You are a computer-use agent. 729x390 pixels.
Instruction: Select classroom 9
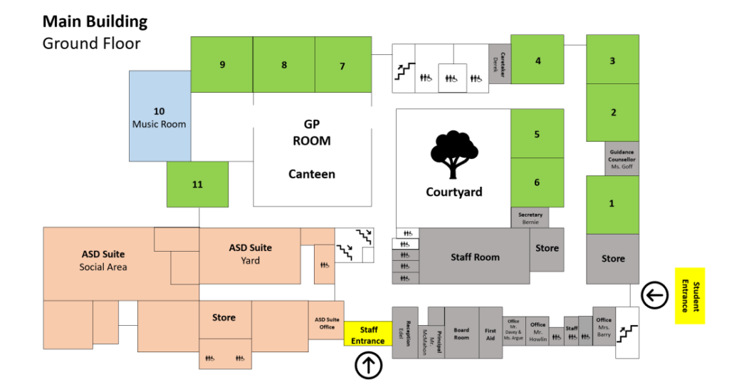222,65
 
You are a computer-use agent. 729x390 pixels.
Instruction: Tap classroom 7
342,66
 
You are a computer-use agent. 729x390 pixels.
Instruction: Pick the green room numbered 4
538,61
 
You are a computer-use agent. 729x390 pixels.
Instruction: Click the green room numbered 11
197,184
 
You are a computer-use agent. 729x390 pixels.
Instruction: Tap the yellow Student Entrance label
689,296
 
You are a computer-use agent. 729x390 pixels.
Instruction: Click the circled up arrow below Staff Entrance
369,366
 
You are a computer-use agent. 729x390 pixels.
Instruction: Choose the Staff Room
475,257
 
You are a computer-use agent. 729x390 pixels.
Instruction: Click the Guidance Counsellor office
622,158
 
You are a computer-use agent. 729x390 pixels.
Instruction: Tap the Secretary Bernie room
530,218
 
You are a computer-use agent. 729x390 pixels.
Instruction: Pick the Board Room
461,333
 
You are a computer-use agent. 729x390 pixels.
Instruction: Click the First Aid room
491,333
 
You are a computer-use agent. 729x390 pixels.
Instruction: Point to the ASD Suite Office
327,322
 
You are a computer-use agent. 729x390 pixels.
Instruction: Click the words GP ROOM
312,132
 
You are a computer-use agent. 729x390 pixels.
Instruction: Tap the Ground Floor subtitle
91,43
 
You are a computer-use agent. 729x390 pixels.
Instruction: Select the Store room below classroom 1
613,259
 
